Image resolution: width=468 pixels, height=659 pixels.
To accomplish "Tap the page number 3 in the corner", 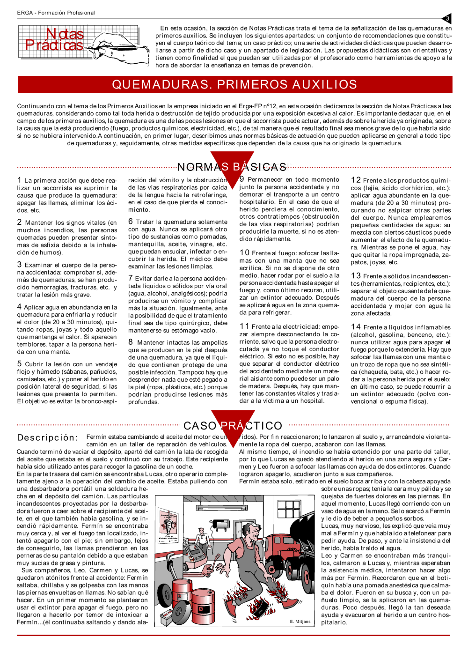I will (447, 19).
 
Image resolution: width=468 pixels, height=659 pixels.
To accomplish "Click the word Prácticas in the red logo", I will (54, 45).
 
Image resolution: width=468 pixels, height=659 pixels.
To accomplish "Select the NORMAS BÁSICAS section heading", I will (232, 167).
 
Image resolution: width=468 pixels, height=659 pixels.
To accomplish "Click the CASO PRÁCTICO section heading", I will (233, 426).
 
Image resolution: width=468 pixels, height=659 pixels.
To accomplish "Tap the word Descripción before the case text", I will (47, 438).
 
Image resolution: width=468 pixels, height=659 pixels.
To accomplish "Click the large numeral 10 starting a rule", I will (244, 253).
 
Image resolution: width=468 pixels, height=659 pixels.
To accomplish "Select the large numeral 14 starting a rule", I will (356, 327).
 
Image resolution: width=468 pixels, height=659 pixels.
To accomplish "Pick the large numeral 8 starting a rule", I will (131, 342).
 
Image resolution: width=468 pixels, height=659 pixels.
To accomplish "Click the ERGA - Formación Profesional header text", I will (56, 13).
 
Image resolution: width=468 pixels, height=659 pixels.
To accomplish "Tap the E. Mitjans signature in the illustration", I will (300, 622).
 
